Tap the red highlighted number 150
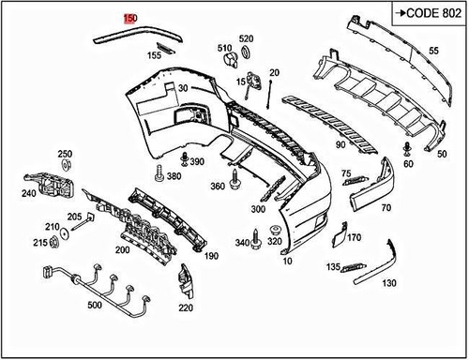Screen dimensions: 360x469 [130, 19]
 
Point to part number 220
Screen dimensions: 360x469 [186, 307]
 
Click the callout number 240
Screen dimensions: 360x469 [28, 194]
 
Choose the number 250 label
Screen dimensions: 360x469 [65, 154]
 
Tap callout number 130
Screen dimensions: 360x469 [389, 283]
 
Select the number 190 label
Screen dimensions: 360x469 [211, 256]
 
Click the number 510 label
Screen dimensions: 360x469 [225, 48]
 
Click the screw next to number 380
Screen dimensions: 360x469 [161, 173]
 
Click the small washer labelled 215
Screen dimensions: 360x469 [54, 244]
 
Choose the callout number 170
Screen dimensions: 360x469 [354, 237]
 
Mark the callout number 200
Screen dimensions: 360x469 [122, 250]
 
